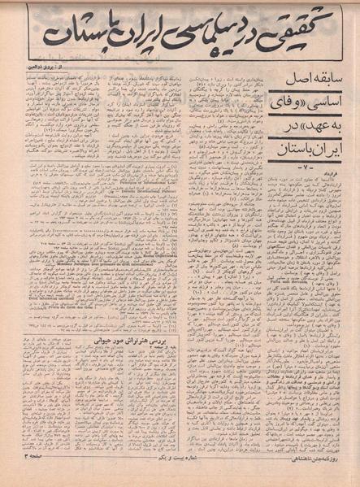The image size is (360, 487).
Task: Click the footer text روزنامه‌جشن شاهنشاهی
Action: [312, 475]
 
